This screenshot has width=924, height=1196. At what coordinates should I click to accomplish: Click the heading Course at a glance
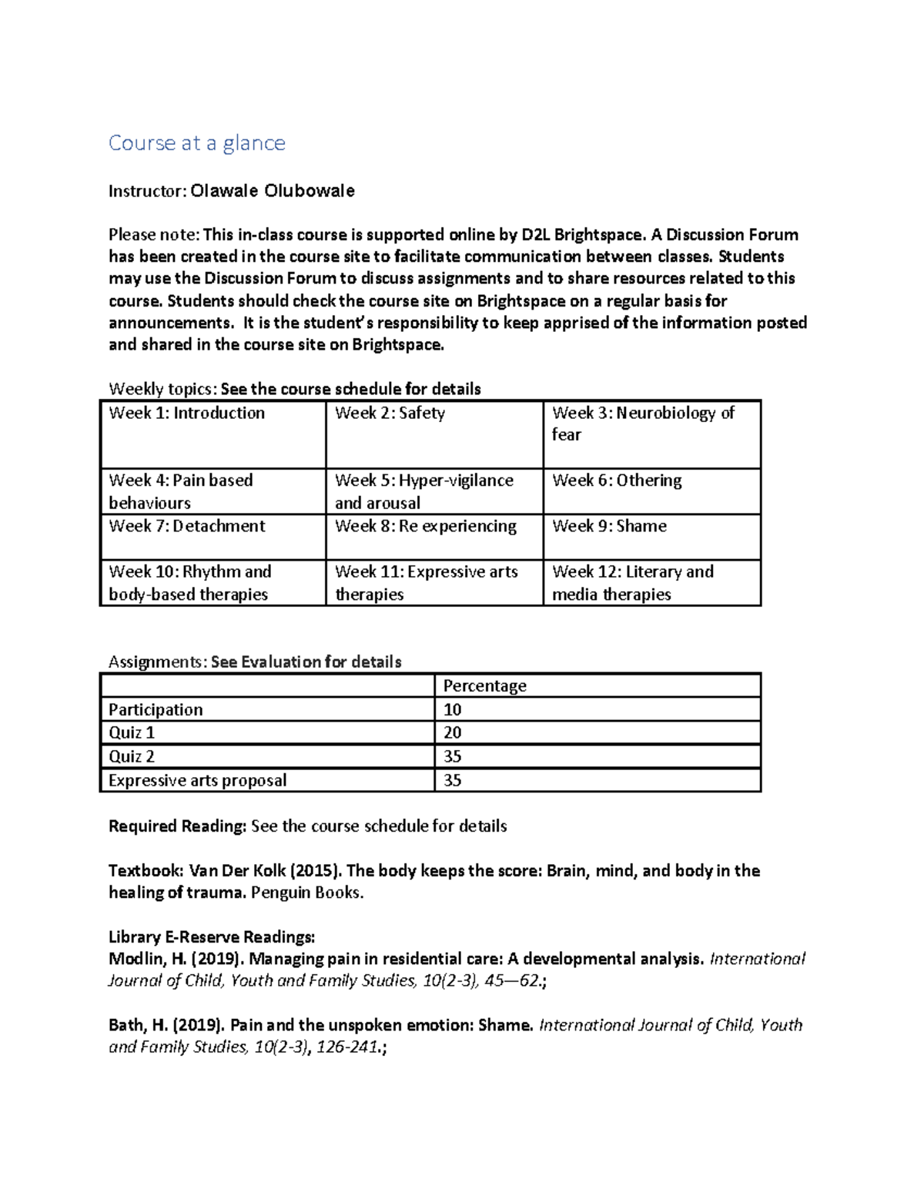(196, 143)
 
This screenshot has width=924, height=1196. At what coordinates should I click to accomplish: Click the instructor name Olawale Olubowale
(272, 191)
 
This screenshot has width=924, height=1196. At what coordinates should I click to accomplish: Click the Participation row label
(156, 710)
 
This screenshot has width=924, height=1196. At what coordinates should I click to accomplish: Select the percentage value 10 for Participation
(452, 710)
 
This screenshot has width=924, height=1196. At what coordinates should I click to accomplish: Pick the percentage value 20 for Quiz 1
(452, 732)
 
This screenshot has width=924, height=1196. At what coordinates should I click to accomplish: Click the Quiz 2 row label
(132, 756)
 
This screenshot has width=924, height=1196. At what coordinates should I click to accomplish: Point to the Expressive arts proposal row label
(197, 780)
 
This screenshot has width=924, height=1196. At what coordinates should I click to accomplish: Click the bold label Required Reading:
(177, 826)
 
